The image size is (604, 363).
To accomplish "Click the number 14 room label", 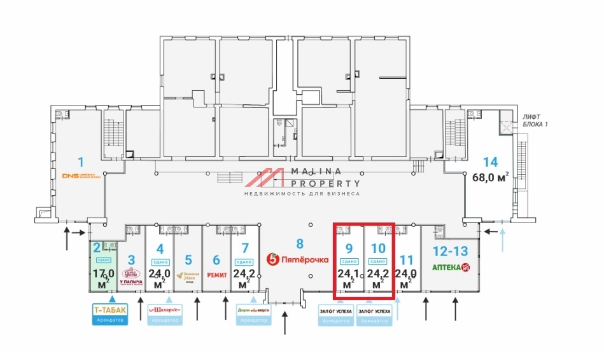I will (490, 163).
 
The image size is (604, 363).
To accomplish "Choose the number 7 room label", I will (244, 248).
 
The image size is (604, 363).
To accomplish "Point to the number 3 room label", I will (131, 259).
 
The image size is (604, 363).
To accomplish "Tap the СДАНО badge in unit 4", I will (160, 262).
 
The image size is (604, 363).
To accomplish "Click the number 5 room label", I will (188, 259).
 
